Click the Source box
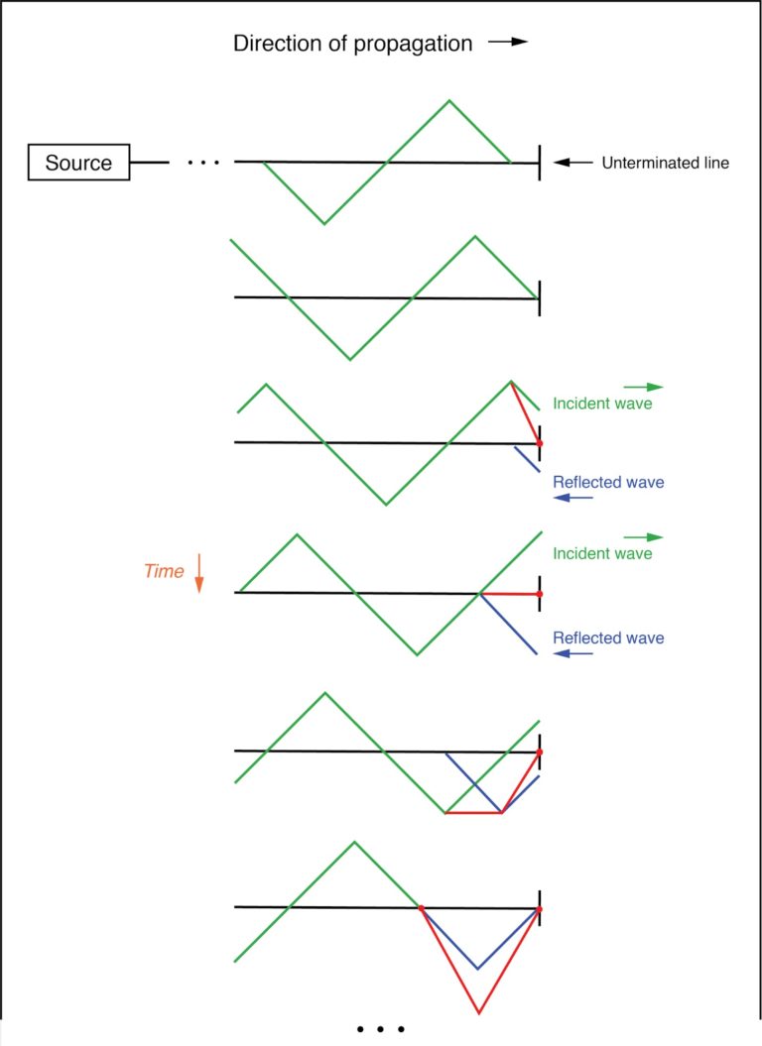79,163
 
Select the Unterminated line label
665,163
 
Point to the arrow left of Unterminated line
572,163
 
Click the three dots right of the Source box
202,162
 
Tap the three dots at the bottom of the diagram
381,1029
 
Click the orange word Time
164,571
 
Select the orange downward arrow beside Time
198,573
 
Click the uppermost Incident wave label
602,404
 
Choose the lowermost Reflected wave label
608,638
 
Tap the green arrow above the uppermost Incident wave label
642,387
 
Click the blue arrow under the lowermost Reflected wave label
573,654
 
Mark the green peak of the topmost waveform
450,100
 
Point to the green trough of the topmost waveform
324,223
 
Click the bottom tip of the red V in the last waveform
479,1012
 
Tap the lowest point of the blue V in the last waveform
478,969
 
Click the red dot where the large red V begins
422,907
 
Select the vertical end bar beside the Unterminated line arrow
540,163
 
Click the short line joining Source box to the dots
150,163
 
